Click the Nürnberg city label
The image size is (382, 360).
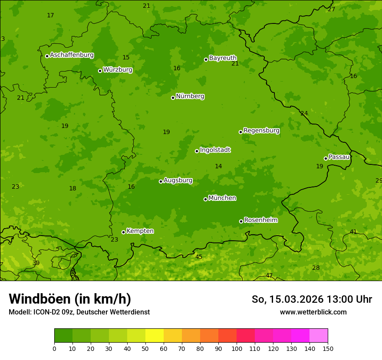tap(190, 96)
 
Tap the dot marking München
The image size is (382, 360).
tap(205, 199)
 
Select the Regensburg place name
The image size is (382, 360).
tap(261, 131)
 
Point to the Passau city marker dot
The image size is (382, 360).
tap(326, 158)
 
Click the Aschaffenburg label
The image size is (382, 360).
tap(72, 55)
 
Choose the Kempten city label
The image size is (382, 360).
tap(140, 231)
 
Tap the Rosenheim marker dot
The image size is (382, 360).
tap(241, 221)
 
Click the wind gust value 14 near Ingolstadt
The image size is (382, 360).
tap(218, 167)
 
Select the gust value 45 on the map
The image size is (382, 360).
tap(199, 257)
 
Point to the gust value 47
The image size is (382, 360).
tap(269, 276)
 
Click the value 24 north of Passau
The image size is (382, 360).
tap(304, 114)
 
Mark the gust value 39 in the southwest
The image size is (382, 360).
tap(36, 263)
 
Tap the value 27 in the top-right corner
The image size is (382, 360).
tap(332, 10)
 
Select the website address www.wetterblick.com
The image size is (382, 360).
tap(313, 312)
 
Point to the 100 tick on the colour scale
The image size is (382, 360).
tap(237, 348)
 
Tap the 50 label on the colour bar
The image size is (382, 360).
tap(145, 348)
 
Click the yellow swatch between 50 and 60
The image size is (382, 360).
tap(155, 336)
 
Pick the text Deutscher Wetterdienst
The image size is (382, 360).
tap(117, 312)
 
